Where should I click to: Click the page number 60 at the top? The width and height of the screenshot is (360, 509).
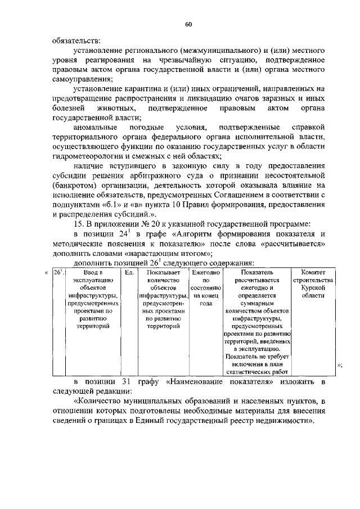click(x=188, y=24)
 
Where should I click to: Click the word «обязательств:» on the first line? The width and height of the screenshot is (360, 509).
click(x=76, y=40)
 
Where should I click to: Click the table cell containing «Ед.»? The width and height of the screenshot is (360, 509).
click(x=129, y=273)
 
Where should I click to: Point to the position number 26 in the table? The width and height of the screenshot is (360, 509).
click(x=56, y=273)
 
